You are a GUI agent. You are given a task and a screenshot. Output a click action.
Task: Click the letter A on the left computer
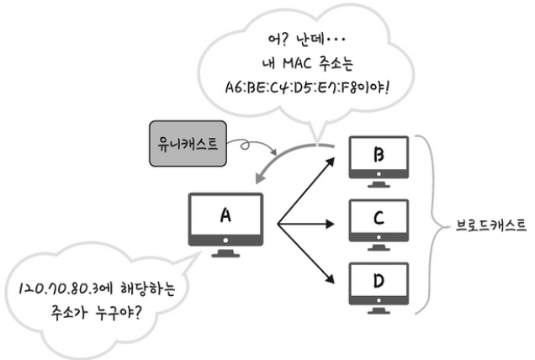[225, 215]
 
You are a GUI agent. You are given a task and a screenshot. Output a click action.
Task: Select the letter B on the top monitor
[379, 156]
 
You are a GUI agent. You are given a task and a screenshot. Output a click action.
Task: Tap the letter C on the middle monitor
[379, 219]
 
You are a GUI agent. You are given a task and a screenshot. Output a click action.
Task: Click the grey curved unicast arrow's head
[258, 180]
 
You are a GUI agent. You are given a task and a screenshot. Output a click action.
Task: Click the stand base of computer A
[225, 254]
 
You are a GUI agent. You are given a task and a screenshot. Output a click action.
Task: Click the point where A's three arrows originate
[278, 224]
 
